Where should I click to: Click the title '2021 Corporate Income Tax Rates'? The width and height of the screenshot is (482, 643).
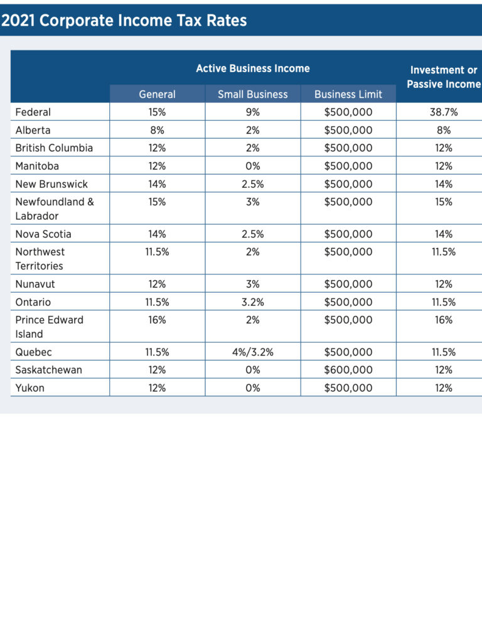pyautogui.click(x=124, y=20)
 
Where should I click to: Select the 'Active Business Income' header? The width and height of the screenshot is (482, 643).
pyautogui.click(x=253, y=68)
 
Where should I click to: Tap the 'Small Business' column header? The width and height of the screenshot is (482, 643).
pyautogui.click(x=253, y=94)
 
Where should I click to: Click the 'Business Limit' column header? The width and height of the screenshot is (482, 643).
pyautogui.click(x=348, y=94)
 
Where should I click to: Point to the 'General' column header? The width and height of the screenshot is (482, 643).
pyautogui.click(x=158, y=94)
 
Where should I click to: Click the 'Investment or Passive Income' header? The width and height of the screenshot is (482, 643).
pyautogui.click(x=444, y=77)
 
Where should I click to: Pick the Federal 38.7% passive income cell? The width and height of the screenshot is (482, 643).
pyautogui.click(x=444, y=112)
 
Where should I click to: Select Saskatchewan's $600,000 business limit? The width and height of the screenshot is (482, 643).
pyautogui.click(x=348, y=370)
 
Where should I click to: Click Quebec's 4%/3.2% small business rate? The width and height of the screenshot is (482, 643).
pyautogui.click(x=253, y=352)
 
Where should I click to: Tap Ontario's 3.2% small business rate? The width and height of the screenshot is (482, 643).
pyautogui.click(x=253, y=302)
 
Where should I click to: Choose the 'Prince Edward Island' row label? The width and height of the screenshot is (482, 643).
pyautogui.click(x=50, y=327)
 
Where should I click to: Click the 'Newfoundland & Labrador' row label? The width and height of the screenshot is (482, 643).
pyautogui.click(x=55, y=208)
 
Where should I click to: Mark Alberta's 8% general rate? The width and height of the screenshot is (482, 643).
pyautogui.click(x=158, y=131)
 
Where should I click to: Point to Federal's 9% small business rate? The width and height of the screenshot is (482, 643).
pyautogui.click(x=253, y=112)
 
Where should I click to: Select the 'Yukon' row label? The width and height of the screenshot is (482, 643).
pyautogui.click(x=30, y=388)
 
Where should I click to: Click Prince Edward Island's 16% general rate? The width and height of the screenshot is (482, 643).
pyautogui.click(x=158, y=320)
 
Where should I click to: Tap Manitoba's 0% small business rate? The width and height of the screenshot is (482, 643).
pyautogui.click(x=253, y=166)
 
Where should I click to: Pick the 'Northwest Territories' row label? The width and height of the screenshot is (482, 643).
pyautogui.click(x=40, y=259)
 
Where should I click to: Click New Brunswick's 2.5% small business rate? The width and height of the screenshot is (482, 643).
pyautogui.click(x=253, y=184)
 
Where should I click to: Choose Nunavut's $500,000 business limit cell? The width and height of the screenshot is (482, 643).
pyautogui.click(x=348, y=284)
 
